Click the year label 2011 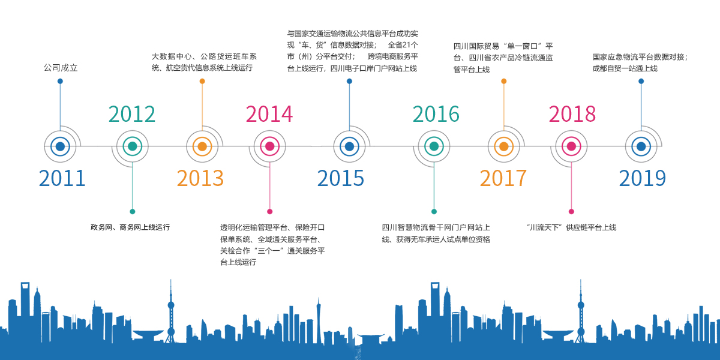62,178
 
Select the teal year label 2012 132,114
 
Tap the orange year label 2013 200,178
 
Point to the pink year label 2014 269,114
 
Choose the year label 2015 340,178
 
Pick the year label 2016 436,114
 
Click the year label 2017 503,178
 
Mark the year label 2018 572,114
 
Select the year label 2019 642,178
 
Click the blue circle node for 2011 60,146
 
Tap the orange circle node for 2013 202,146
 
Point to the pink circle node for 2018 571,146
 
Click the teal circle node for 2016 434,146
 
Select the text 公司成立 61,68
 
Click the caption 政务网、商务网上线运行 130,227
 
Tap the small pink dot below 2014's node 269,211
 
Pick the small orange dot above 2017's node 503,81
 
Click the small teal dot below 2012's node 133,211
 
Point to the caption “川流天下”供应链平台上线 571,227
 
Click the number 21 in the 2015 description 407,44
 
